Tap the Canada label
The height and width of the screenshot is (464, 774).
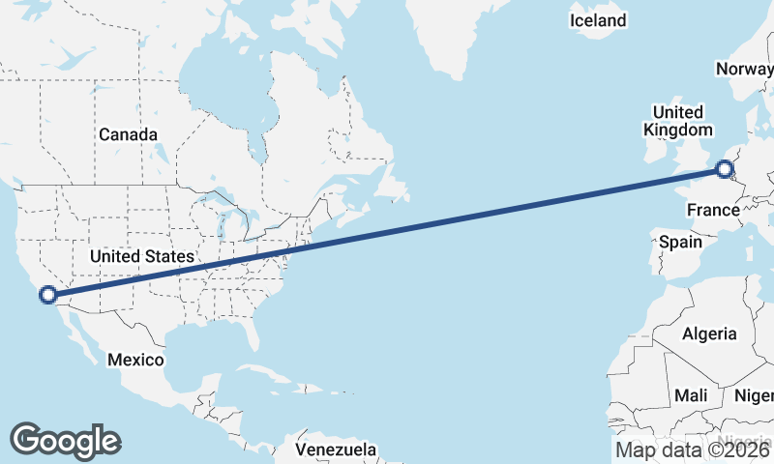128,134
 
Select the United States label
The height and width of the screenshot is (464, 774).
141,256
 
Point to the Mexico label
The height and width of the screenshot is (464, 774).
134,359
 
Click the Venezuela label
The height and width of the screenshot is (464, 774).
336,449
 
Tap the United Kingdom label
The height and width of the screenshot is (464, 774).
677,121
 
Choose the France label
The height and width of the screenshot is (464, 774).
712,210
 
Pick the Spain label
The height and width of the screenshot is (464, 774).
680,242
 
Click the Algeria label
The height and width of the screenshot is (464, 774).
709,333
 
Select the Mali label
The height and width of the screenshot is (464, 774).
691,395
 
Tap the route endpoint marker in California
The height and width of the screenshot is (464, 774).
45,295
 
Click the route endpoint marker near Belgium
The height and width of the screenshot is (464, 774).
725,170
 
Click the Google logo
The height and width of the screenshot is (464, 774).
65,440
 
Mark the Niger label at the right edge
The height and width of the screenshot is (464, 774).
755,395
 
